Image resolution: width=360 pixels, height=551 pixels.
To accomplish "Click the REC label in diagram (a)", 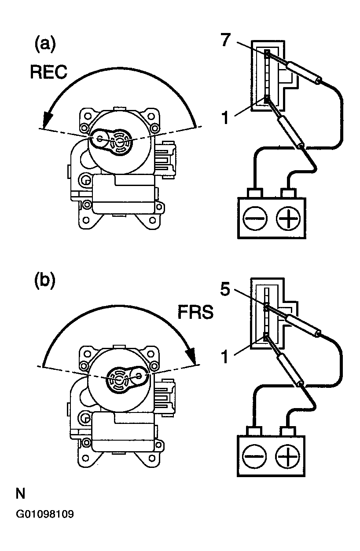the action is pos(48,72).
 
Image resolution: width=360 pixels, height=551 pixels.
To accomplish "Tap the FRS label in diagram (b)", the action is pos(195,312).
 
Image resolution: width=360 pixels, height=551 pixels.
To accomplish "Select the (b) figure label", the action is pos(45,281).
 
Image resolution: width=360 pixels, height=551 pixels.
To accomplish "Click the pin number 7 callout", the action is pos(226,40).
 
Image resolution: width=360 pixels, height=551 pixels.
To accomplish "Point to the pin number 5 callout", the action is pos(225,289).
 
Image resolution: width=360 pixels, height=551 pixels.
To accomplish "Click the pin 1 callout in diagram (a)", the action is pos(226,117).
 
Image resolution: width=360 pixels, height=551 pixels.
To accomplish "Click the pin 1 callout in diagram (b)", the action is pos(225,357).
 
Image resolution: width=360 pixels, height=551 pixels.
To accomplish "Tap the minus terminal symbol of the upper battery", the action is pos(255,219).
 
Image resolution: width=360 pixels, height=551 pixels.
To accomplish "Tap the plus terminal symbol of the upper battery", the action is pos(288,219).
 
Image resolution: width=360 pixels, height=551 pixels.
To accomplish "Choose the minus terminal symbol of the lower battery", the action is pos(254,456).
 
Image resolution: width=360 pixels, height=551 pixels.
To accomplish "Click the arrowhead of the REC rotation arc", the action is pos(47,120).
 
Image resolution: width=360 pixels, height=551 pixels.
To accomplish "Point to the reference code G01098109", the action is pos(44,515).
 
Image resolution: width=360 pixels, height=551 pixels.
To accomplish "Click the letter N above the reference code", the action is pos(20,493).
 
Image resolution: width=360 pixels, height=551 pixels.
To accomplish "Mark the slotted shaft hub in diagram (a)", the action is pos(121,142).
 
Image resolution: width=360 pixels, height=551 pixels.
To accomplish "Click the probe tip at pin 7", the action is pos(268,53).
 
